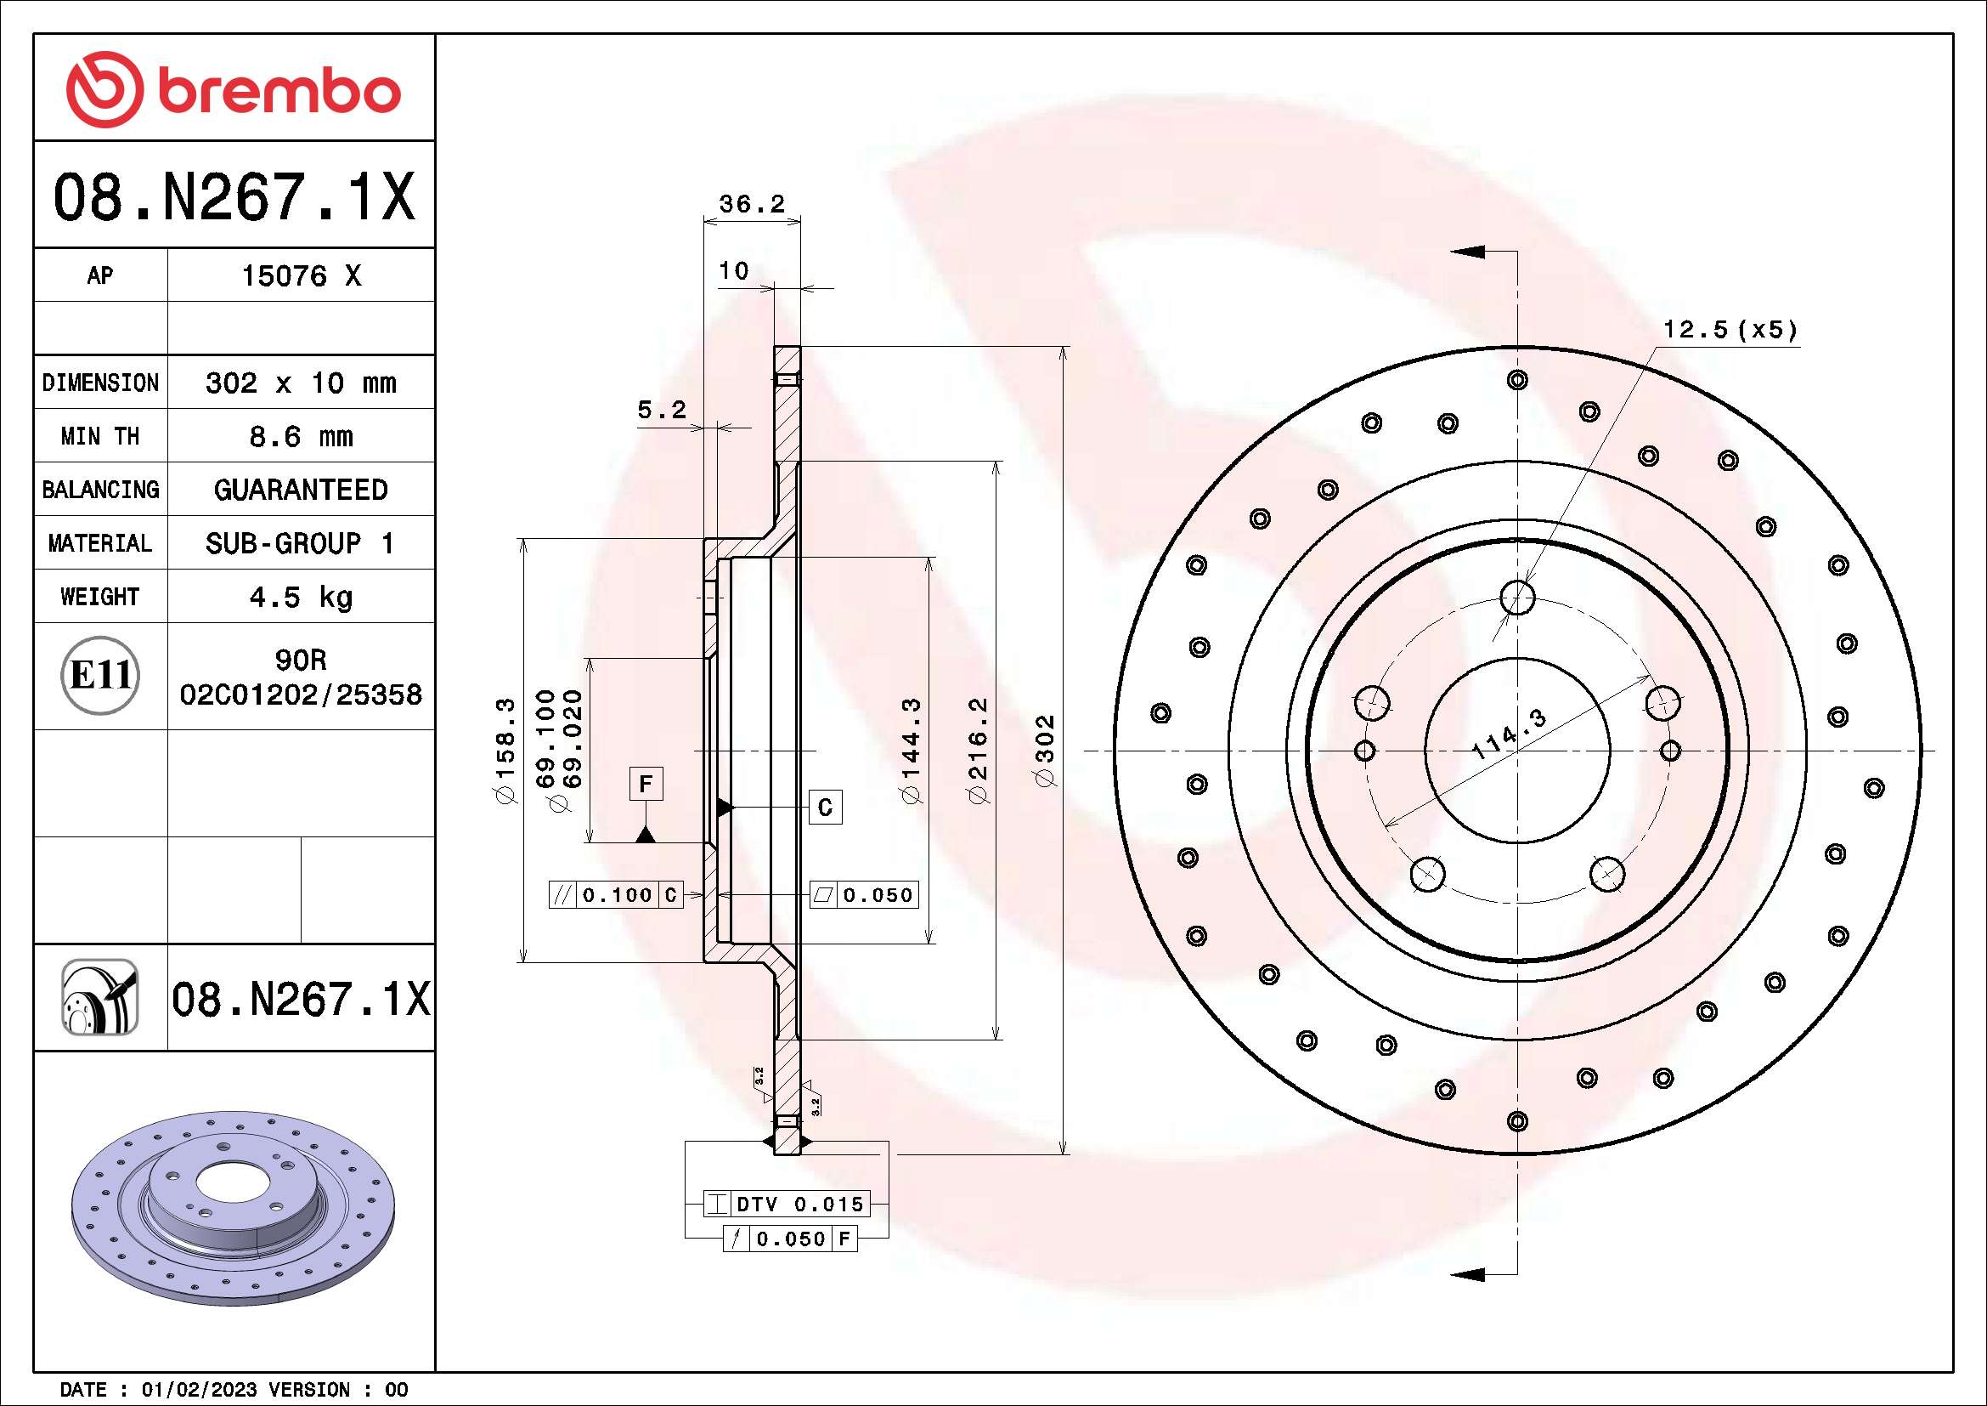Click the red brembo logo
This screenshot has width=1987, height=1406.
234,89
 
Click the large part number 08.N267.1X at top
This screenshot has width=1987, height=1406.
234,197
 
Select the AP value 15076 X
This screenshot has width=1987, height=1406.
300,276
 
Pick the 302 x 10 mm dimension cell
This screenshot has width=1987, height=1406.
300,383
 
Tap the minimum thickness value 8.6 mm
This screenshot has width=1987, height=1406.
300,436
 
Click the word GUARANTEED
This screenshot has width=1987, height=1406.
300,490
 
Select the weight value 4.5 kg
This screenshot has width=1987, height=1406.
300,597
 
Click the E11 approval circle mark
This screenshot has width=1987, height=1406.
100,675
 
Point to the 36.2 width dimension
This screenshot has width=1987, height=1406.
751,204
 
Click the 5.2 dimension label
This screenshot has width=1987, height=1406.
661,410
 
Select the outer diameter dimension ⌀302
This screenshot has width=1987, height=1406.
1046,750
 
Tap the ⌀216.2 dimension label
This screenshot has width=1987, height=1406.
978,750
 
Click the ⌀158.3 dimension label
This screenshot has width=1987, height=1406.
505,750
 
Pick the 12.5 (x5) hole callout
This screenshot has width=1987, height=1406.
1730,330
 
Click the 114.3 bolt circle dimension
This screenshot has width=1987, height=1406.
1509,734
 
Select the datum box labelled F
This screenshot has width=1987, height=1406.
646,785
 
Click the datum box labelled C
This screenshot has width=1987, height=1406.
825,807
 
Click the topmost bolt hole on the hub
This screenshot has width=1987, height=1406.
1517,597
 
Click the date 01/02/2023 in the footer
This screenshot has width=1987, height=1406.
199,1390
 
